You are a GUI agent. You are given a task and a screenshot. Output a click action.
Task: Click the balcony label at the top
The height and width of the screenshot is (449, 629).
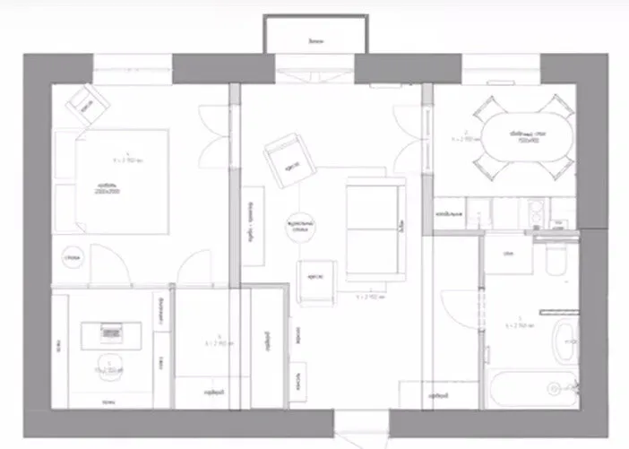[x=314, y=41]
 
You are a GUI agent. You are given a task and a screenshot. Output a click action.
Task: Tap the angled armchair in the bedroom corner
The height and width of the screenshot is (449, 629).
[x=87, y=104]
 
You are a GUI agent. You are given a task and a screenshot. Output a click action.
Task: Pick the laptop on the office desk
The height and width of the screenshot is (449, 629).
[x=112, y=331]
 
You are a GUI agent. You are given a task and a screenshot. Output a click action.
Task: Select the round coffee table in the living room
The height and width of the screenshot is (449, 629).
[x=298, y=229]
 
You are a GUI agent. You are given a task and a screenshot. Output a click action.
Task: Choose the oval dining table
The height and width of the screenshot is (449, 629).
[x=527, y=137]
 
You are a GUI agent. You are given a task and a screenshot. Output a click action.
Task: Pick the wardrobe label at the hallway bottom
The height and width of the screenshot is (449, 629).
[x=436, y=395]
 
